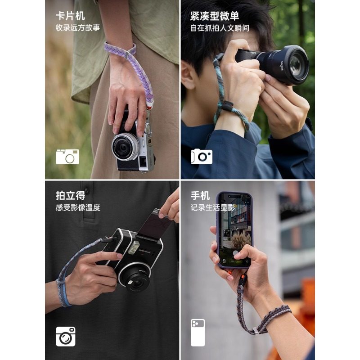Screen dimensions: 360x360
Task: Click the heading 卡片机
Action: coord(70,16)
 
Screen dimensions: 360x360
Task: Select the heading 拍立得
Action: coord(70,195)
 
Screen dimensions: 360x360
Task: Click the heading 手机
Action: coord(200,195)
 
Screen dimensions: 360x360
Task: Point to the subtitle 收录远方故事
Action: coord(77,28)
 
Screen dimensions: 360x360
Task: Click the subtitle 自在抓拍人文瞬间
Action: coord(219,28)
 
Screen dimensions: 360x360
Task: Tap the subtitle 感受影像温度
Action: coord(77,207)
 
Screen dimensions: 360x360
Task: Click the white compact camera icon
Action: coord(67,157)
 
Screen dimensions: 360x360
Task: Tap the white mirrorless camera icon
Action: coord(201,156)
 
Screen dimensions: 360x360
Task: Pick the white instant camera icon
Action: coord(66,336)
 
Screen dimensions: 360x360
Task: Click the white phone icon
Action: coord(198,332)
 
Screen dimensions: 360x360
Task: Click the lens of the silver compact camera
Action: coord(122,148)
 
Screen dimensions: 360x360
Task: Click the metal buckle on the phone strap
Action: coord(256,331)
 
